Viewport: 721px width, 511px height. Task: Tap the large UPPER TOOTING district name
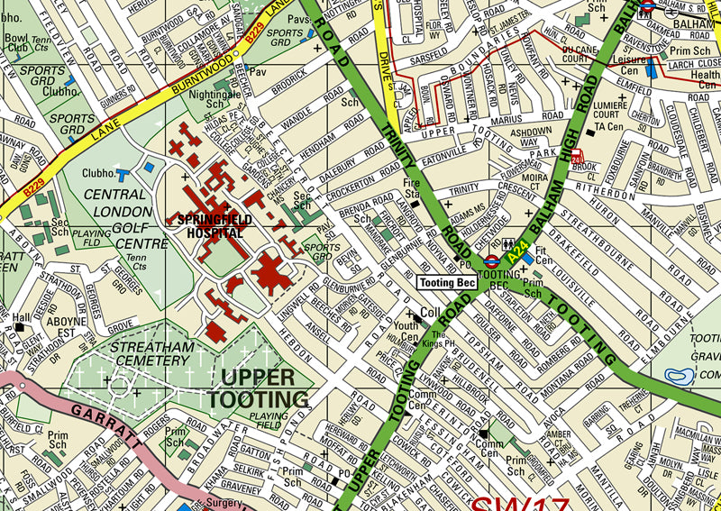pyautogui.click(x=258, y=388)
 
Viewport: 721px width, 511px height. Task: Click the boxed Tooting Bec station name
pyautogui.click(x=447, y=282)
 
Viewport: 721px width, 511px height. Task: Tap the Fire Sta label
pyautogui.click(x=412, y=188)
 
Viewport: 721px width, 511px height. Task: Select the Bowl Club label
pyautogui.click(x=16, y=43)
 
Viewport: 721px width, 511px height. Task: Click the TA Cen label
pyautogui.click(x=609, y=127)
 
